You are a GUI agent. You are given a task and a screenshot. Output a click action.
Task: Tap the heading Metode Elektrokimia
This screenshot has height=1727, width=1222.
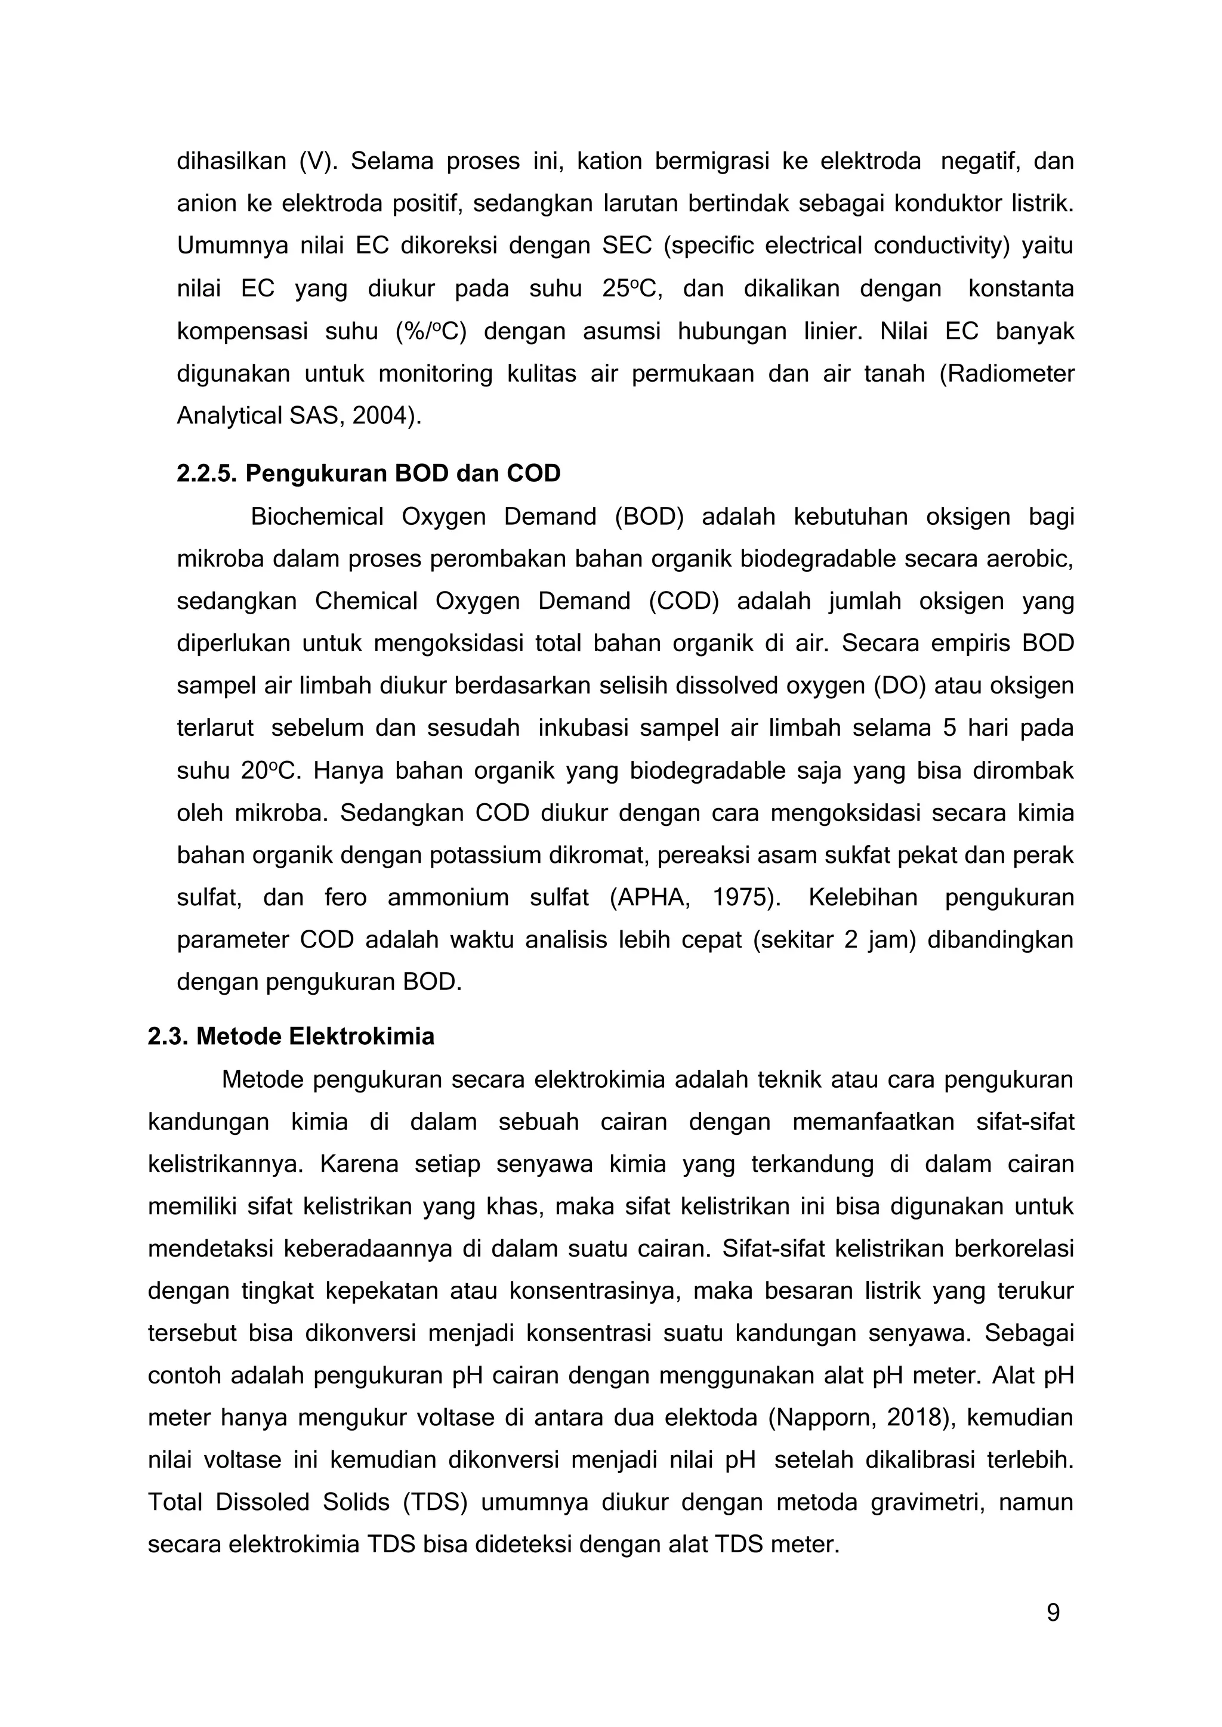[x=314, y=1036]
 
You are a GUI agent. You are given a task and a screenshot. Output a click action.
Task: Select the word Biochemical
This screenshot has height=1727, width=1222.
[x=317, y=517]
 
